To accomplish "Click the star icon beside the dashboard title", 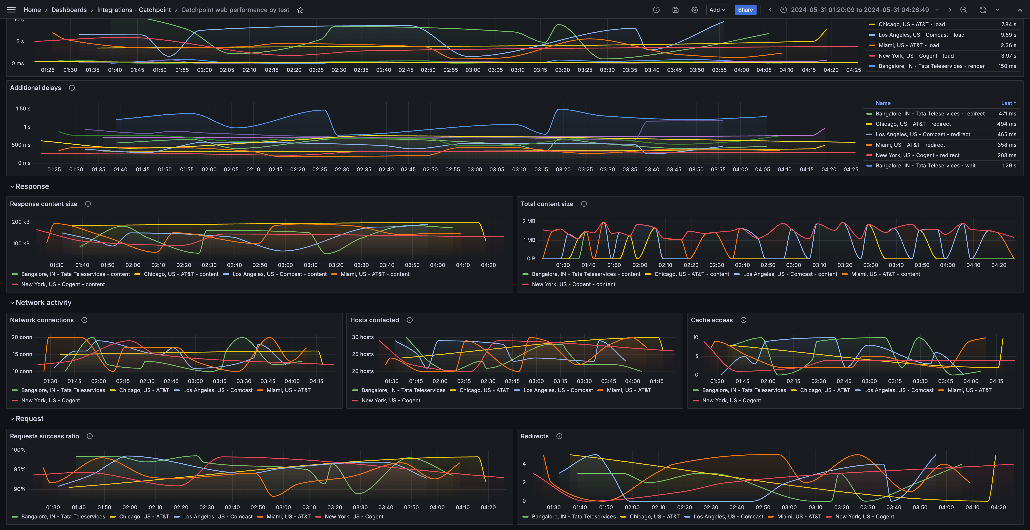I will tap(300, 10).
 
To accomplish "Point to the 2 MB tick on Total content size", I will tap(529, 221).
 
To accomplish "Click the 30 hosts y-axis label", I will tap(362, 337).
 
